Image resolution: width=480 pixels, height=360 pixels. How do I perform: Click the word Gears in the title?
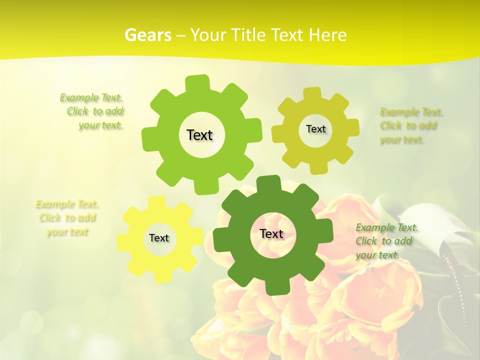[x=147, y=35]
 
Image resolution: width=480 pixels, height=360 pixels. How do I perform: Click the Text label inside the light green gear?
[x=199, y=135]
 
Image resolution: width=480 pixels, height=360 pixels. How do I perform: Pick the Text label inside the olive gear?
[x=315, y=129]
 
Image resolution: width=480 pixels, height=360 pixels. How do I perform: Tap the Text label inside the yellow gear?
[x=159, y=238]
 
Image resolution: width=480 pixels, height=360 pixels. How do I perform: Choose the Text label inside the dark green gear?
[x=271, y=233]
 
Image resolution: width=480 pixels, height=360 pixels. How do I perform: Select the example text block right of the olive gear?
[x=411, y=125]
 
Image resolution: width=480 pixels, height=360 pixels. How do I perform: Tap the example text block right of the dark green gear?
[x=386, y=241]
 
